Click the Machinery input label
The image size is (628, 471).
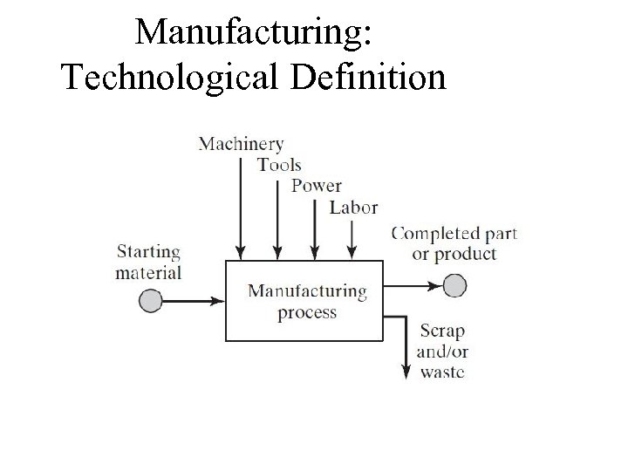click(241, 143)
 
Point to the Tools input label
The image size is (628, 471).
click(279, 165)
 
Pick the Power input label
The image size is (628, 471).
click(316, 186)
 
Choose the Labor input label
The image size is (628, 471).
click(353, 208)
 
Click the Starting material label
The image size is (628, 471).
click(149, 263)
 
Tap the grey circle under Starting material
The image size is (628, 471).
click(151, 301)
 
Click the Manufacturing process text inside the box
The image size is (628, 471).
click(307, 301)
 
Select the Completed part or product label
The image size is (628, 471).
click(454, 243)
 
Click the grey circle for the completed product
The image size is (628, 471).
click(454, 285)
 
